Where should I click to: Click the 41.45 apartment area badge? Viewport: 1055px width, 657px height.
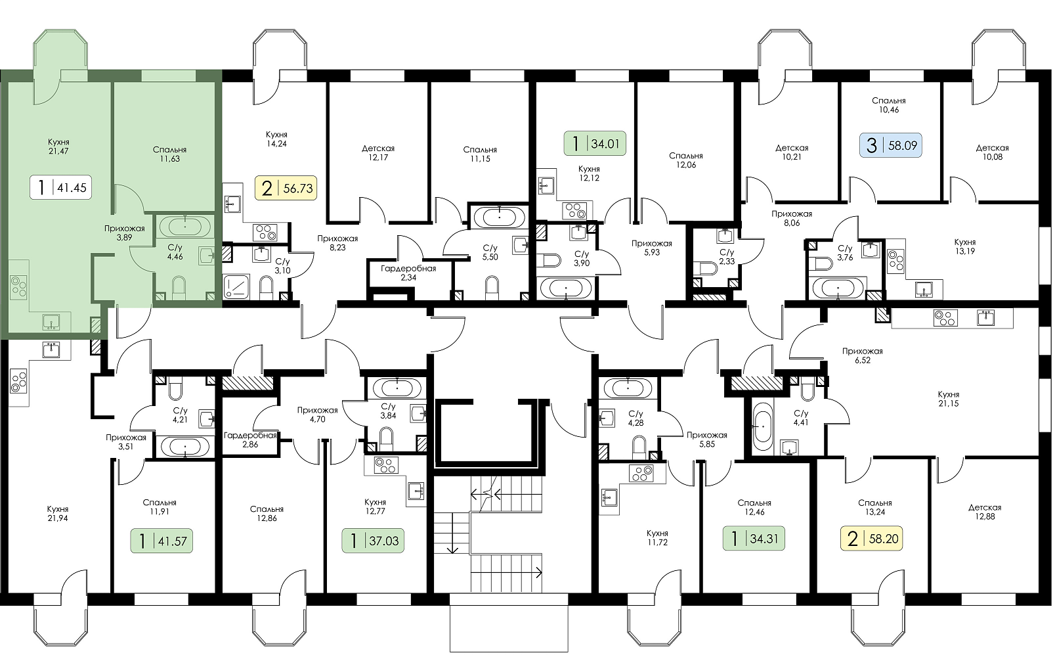pos(61,187)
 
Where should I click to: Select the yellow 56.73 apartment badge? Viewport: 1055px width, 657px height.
pos(286,188)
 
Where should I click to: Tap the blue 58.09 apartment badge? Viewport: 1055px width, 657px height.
pos(891,145)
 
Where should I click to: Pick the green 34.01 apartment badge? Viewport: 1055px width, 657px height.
pos(595,143)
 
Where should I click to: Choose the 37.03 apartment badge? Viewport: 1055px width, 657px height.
pos(373,541)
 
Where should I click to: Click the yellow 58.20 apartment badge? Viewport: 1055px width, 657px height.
pos(872,538)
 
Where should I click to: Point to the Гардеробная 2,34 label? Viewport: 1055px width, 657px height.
pos(408,273)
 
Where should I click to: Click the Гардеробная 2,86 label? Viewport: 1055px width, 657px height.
pos(250,440)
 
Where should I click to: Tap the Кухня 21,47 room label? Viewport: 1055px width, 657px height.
pos(58,147)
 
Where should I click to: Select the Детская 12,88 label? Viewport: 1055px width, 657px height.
pos(985,512)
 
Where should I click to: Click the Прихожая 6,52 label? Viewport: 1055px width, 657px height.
pos(863,356)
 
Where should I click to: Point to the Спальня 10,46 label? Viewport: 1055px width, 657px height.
pos(889,105)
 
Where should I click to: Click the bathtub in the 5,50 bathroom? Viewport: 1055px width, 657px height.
pos(499,217)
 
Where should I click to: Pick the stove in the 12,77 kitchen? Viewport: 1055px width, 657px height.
pos(386,465)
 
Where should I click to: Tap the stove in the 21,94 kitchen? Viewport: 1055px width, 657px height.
pos(18,381)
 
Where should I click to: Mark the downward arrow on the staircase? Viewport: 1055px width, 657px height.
pos(452,533)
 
